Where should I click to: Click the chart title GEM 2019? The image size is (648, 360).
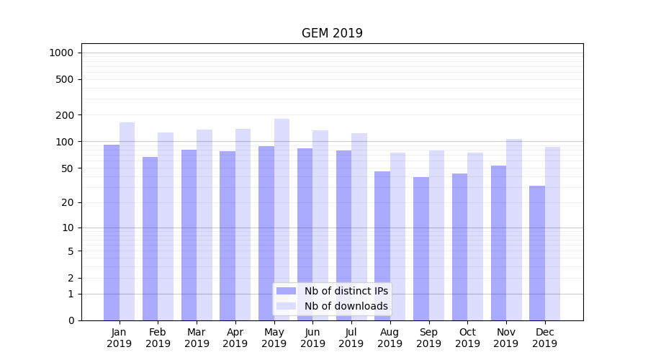click(x=332, y=34)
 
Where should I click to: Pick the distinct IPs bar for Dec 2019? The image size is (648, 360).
click(x=537, y=252)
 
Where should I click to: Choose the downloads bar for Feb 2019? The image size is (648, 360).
click(x=166, y=226)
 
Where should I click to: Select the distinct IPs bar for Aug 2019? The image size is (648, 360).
click(x=382, y=246)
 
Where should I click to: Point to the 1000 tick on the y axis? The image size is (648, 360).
click(x=60, y=53)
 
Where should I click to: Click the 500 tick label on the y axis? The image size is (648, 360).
click(x=64, y=79)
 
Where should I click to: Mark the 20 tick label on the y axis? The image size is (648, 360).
click(x=67, y=202)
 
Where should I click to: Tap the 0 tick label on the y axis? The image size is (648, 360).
click(x=71, y=320)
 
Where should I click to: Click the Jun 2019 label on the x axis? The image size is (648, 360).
click(x=312, y=338)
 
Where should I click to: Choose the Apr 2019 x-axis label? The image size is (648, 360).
click(x=235, y=338)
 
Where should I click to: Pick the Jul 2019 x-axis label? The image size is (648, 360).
click(x=351, y=338)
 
